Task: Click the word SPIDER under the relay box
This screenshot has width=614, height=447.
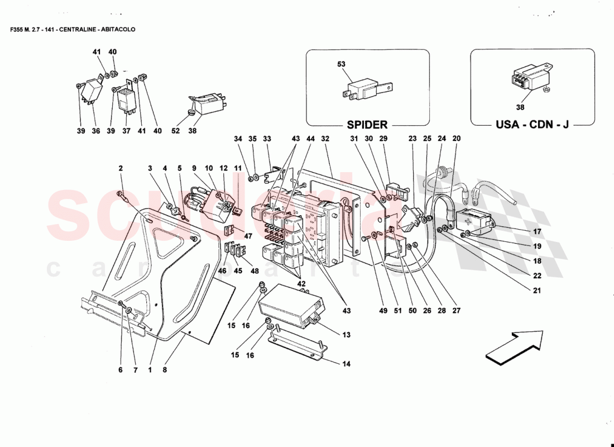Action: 367,124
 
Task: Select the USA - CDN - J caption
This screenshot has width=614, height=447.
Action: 533,124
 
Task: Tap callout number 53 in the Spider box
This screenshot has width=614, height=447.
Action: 342,64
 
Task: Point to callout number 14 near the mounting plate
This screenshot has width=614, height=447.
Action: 346,364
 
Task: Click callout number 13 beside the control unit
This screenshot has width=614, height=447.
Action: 346,335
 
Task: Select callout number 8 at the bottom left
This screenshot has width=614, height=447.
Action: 165,369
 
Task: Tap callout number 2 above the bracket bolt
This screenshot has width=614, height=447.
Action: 120,168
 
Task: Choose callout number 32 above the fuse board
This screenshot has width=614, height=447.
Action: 325,139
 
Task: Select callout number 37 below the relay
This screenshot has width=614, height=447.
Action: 127,131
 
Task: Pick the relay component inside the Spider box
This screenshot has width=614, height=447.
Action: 366,89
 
